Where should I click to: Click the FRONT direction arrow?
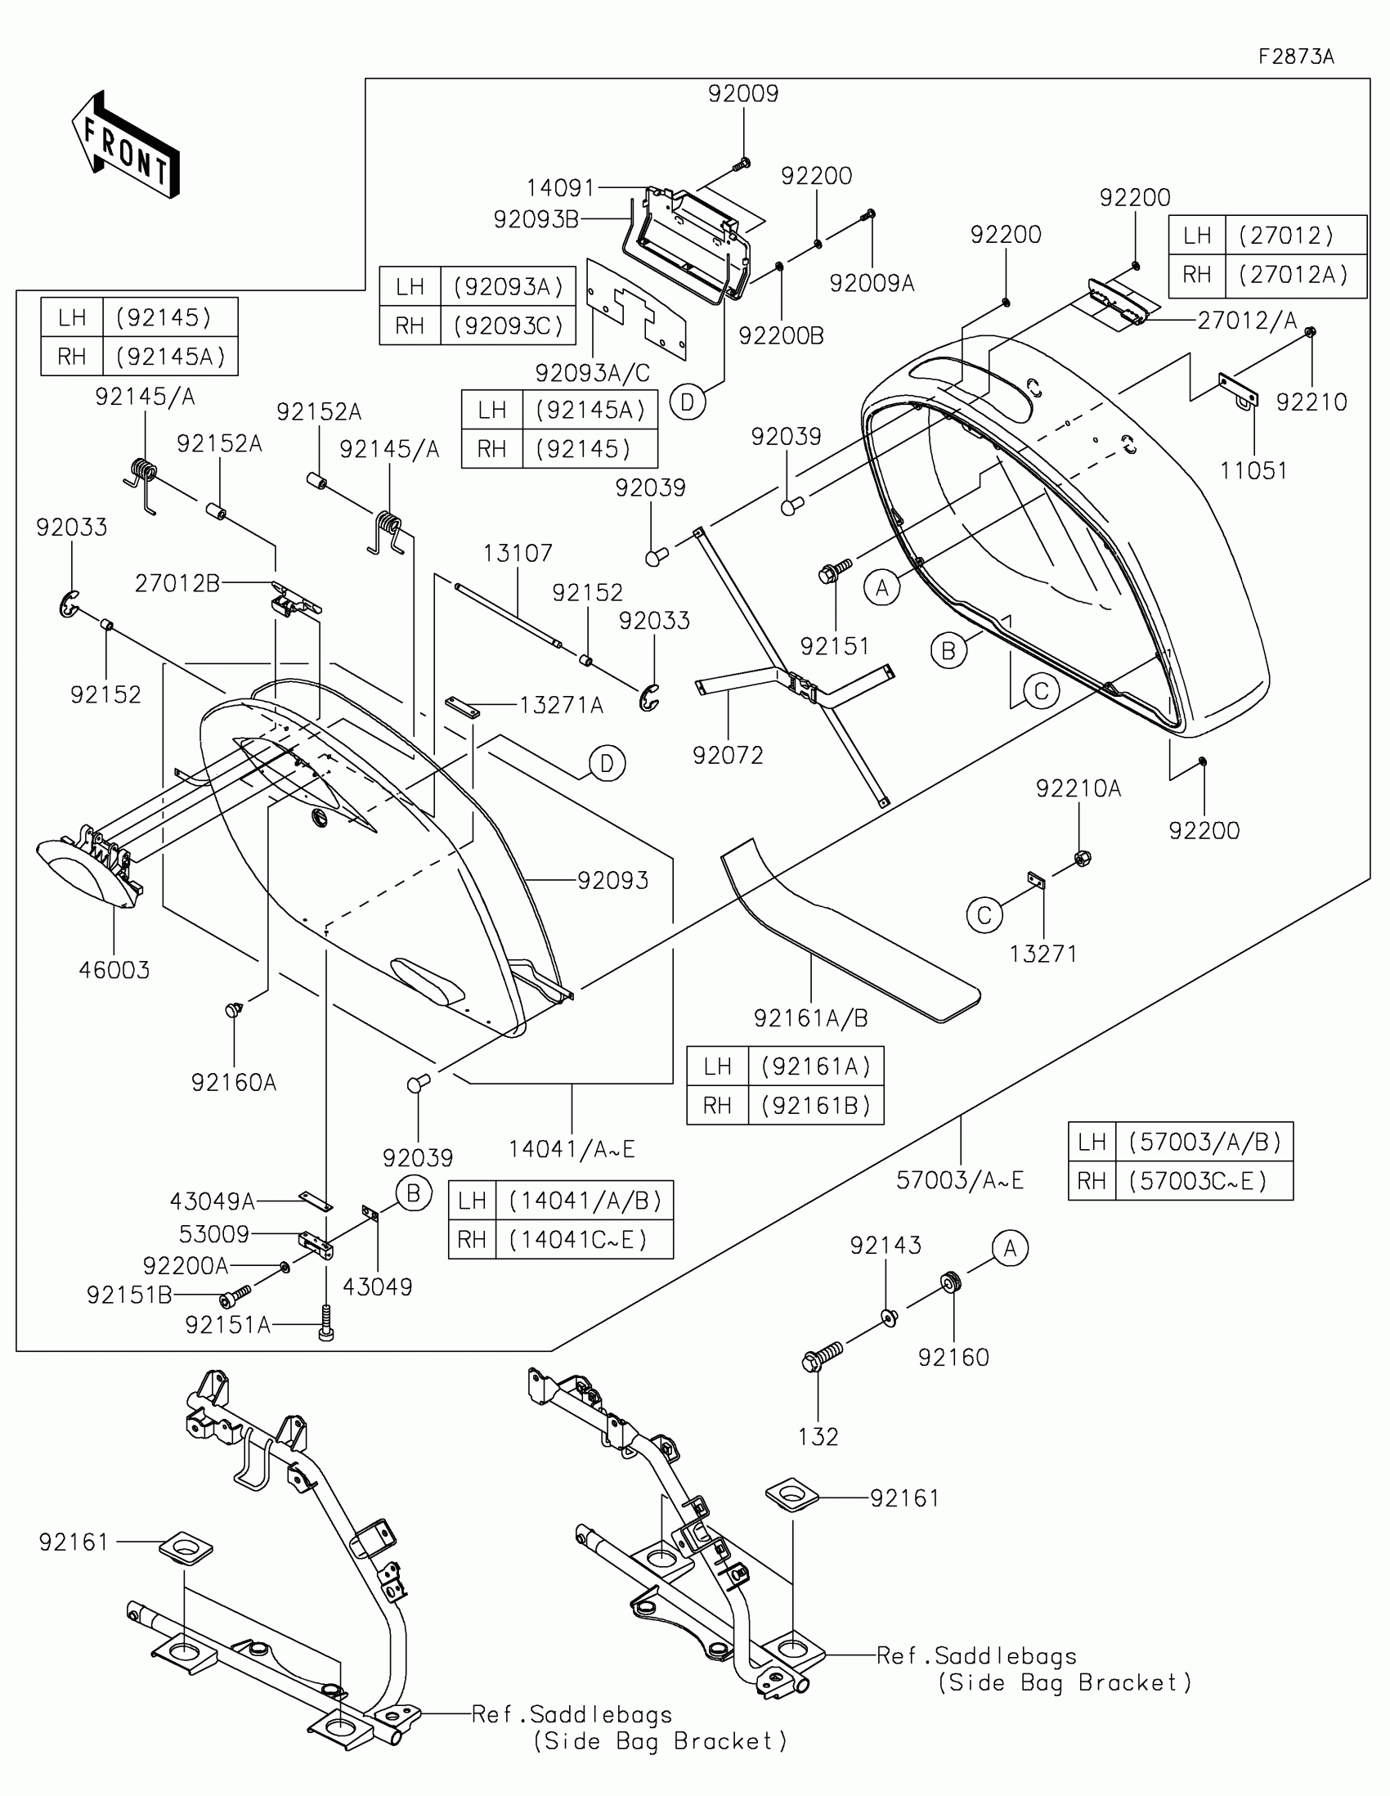[126, 146]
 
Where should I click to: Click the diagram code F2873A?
[1295, 56]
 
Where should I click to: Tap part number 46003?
[114, 970]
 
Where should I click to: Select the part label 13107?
[517, 553]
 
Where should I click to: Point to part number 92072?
[728, 755]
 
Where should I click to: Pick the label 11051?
[1253, 470]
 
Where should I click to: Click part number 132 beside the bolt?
[818, 1437]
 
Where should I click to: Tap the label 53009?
[213, 1233]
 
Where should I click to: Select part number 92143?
[886, 1245]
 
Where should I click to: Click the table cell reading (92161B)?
[815, 1105]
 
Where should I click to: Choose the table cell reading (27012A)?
[1294, 275]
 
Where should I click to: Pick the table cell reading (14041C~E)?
[585, 1239]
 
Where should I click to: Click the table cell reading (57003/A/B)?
[1204, 1142]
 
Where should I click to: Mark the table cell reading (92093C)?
[509, 326]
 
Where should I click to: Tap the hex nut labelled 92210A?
[1083, 859]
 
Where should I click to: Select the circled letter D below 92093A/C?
[687, 402]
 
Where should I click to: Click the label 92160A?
[234, 1082]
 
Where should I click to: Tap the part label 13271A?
[562, 705]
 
